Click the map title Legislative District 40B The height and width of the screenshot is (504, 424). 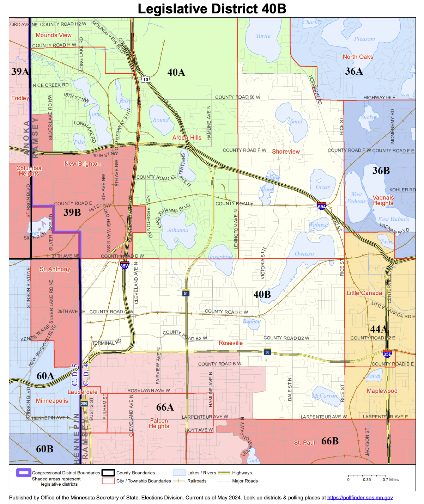click(212, 9)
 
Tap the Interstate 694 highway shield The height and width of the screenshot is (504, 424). click(321, 206)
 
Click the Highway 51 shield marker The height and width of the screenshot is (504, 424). click(186, 293)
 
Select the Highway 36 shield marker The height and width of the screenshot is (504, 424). click(267, 352)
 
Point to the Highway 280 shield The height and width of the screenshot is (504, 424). click(84, 403)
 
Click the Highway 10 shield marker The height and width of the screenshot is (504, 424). click(146, 80)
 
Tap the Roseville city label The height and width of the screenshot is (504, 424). click(231, 343)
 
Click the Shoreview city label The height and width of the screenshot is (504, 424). click(286, 152)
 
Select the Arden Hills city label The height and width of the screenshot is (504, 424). click(187, 138)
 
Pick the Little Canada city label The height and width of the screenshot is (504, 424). click(364, 293)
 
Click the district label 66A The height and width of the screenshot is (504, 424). click(165, 407)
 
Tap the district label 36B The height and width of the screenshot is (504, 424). click(381, 171)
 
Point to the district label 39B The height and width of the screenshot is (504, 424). click(72, 212)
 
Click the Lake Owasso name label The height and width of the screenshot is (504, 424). click(304, 254)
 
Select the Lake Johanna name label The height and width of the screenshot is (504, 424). click(178, 230)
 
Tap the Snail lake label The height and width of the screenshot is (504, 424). click(296, 122)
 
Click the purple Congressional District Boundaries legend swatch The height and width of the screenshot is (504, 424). click(24, 473)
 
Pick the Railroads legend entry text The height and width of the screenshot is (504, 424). click(197, 481)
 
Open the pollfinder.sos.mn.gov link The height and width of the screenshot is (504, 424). click(360, 498)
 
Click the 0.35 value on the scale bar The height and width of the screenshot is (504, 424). click(367, 480)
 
